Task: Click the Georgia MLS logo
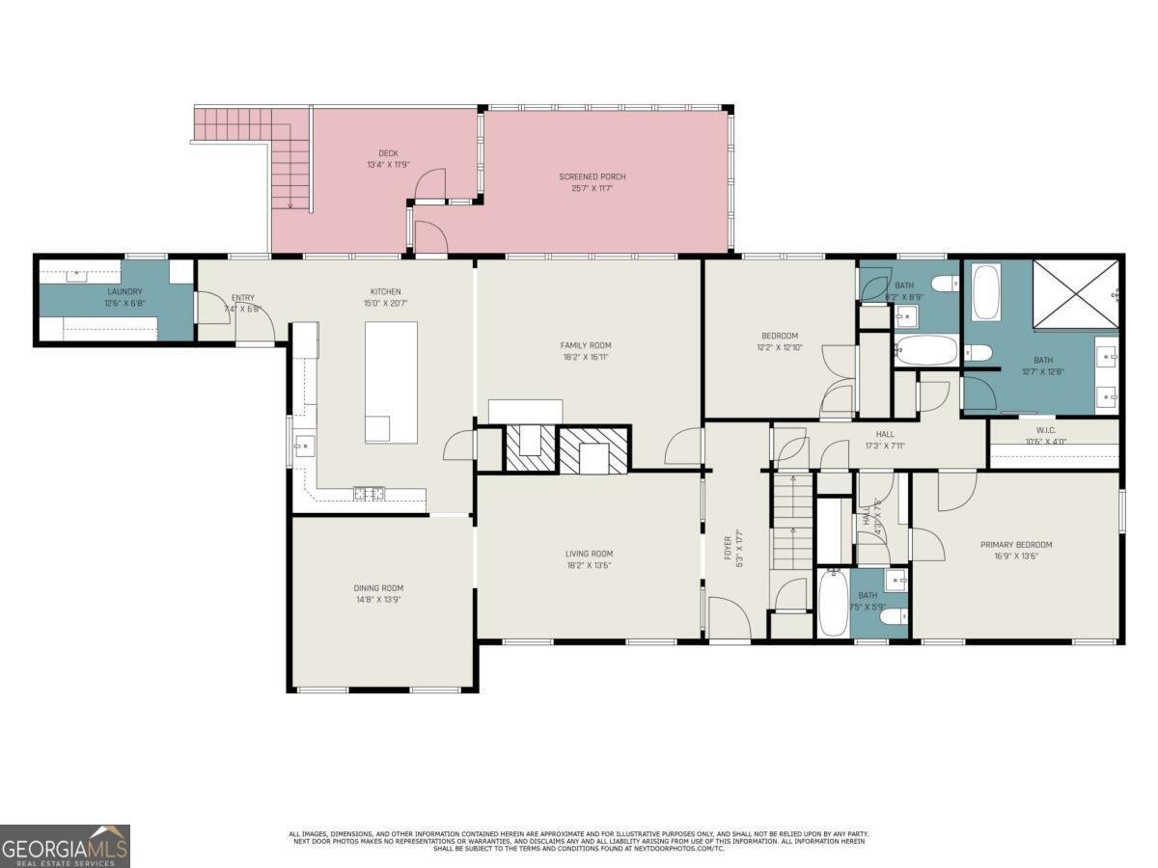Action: click(x=65, y=846)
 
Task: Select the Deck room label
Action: click(x=387, y=153)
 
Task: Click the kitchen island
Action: click(x=391, y=382)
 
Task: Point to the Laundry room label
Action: click(x=124, y=291)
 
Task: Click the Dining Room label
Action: click(x=377, y=587)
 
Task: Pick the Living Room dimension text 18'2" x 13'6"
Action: click(x=589, y=565)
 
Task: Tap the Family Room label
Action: click(x=586, y=345)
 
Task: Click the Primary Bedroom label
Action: click(x=1015, y=544)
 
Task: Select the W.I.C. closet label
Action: click(x=1046, y=431)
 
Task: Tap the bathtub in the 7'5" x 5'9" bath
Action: click(x=833, y=603)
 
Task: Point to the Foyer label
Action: click(x=729, y=548)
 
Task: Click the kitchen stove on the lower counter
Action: click(x=369, y=494)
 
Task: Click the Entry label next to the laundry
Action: click(x=241, y=297)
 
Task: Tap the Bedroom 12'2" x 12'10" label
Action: click(x=779, y=336)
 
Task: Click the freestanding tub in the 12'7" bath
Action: click(x=986, y=292)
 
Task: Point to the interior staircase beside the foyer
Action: click(x=792, y=521)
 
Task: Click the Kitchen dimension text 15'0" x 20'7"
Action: click(x=385, y=304)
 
